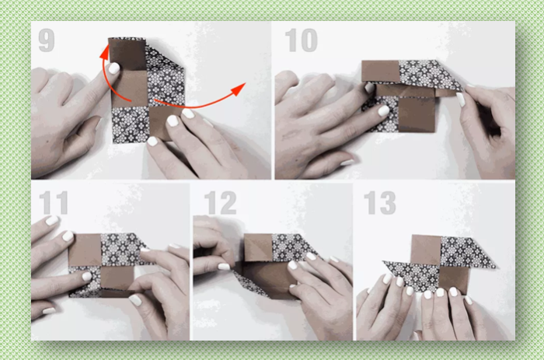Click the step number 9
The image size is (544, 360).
(47, 40)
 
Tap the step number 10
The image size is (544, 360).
(302, 40)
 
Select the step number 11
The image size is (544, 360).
(54, 203)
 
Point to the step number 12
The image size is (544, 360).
(220, 203)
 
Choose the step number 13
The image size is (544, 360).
(380, 203)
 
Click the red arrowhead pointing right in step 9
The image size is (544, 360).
(239, 89)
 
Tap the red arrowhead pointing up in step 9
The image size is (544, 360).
(104, 51)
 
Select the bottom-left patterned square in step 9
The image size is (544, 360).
(130, 124)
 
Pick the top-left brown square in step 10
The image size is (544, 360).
(381, 72)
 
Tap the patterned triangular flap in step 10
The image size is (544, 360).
(429, 75)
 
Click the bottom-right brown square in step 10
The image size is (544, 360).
(417, 114)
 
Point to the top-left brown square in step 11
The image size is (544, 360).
(85, 250)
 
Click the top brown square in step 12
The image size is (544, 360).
(259, 247)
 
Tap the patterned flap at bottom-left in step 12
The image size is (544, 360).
(251, 285)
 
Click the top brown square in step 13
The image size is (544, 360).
(426, 250)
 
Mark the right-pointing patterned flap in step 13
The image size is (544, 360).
(466, 252)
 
